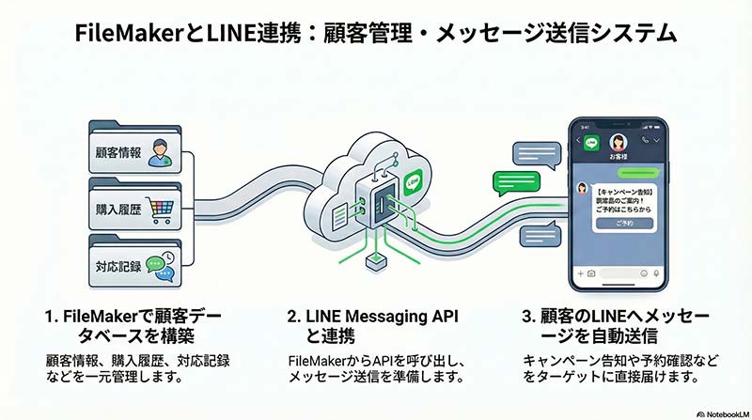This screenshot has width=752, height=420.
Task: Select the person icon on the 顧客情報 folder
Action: [x=160, y=148]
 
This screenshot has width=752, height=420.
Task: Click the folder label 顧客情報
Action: [x=116, y=153]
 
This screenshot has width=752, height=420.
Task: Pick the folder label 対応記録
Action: [x=116, y=267]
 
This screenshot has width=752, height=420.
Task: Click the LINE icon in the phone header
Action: [x=592, y=144]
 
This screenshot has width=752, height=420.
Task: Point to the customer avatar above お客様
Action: [x=619, y=141]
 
